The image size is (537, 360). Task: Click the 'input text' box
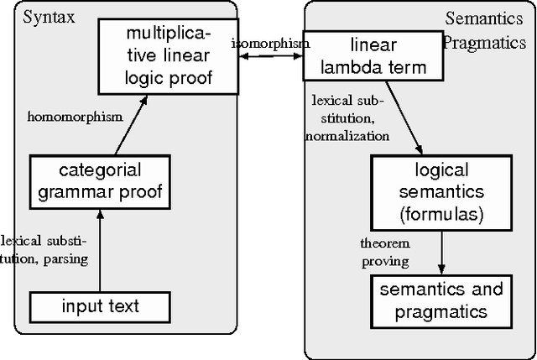tap(100, 306)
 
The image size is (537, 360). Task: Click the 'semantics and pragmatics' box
tap(441, 300)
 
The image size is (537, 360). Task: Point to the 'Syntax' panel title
tap(45, 16)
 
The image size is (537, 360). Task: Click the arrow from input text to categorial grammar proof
tap(99, 251)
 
